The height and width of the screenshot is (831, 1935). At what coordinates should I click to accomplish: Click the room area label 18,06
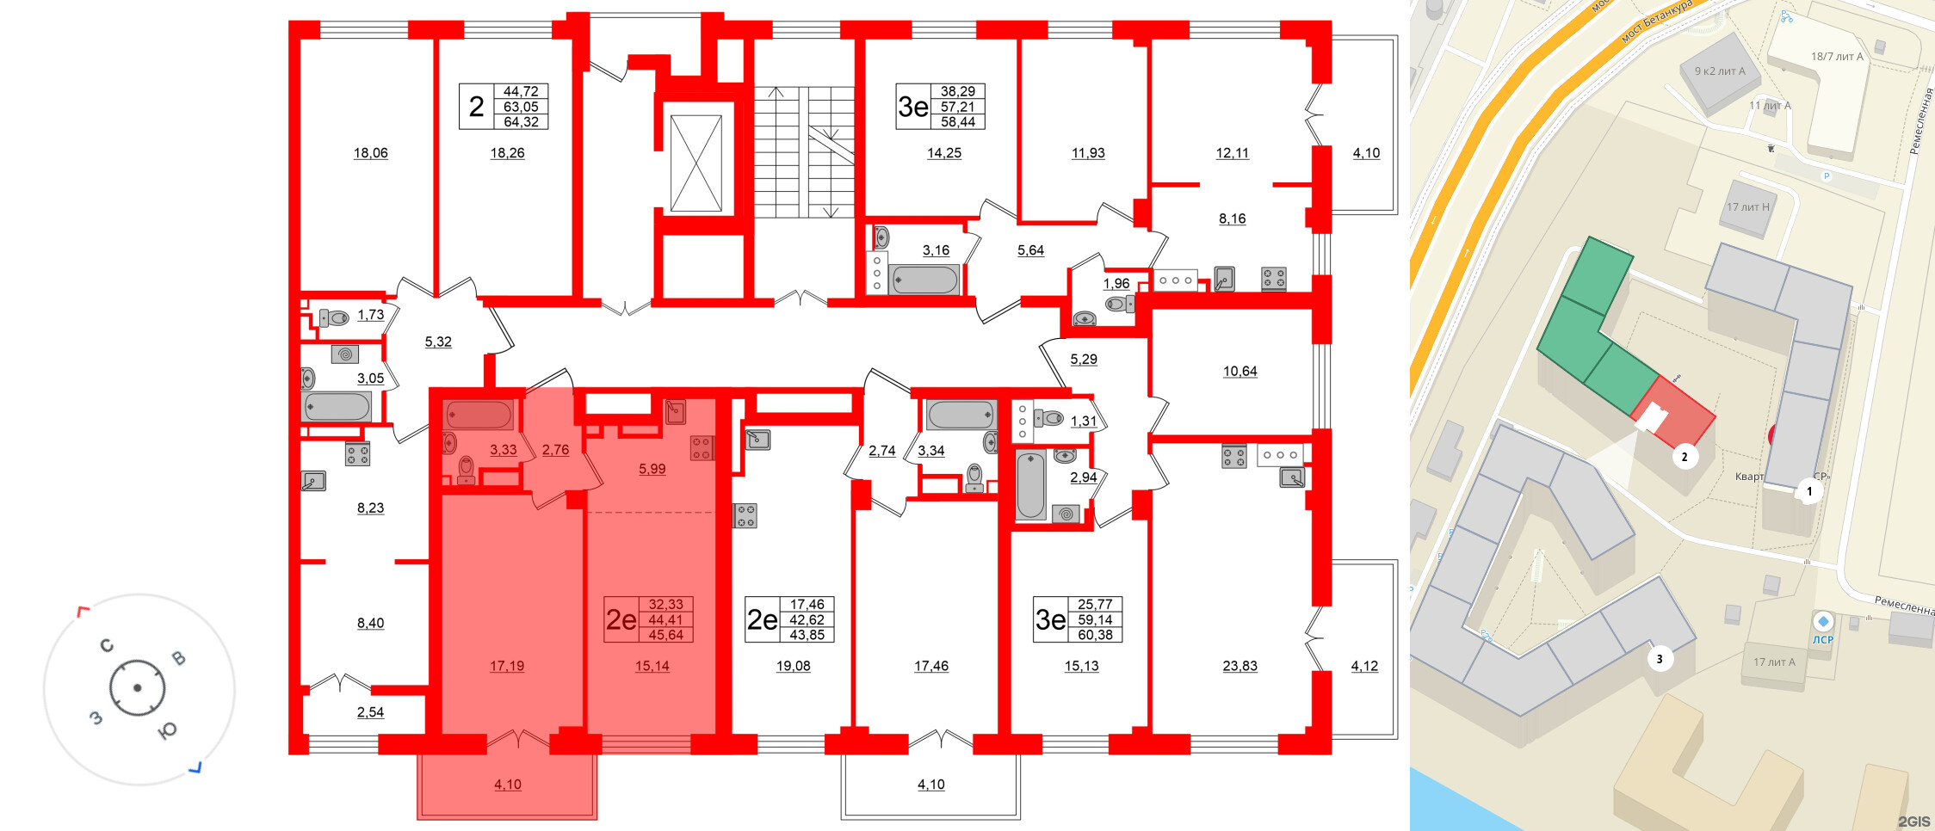[x=370, y=153]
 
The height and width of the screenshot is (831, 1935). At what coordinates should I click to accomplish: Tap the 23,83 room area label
[x=1240, y=666]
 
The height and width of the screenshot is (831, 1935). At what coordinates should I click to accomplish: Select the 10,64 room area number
[x=1240, y=372]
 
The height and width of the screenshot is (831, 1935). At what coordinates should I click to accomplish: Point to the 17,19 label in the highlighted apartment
[x=507, y=666]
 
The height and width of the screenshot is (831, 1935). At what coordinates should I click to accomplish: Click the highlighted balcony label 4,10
[x=508, y=785]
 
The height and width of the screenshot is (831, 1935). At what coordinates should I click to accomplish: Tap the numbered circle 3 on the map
[x=1660, y=659]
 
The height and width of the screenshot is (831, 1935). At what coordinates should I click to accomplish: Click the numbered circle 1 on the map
[x=1809, y=491]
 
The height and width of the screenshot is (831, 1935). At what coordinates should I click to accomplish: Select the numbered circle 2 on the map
[x=1685, y=457]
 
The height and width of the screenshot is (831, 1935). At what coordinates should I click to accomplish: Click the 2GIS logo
[x=1913, y=822]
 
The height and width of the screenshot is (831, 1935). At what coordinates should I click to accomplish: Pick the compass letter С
[x=107, y=645]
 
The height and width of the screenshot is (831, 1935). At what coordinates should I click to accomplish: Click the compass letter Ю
[x=167, y=731]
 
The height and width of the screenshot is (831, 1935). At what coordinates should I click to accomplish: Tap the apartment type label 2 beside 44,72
[x=476, y=107]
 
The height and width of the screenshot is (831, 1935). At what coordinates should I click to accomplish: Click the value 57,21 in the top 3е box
[x=957, y=107]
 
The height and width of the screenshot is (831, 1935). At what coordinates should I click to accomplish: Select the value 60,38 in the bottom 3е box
[x=1095, y=635]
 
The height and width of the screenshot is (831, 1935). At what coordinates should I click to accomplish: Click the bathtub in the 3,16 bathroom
[x=925, y=280]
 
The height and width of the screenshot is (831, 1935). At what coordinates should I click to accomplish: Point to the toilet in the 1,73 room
[x=333, y=318]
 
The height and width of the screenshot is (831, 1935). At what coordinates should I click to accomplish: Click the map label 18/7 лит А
[x=1837, y=57]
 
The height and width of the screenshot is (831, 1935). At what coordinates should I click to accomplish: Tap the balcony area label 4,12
[x=1364, y=666]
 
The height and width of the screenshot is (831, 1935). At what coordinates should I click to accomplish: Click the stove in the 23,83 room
[x=1234, y=456]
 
